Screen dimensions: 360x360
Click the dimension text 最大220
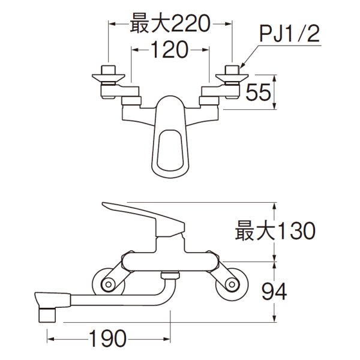tap(169, 25)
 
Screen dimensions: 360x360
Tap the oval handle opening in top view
tap(169, 147)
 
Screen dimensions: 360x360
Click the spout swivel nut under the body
tap(170, 276)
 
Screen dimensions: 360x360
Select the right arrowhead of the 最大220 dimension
tap(229, 25)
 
